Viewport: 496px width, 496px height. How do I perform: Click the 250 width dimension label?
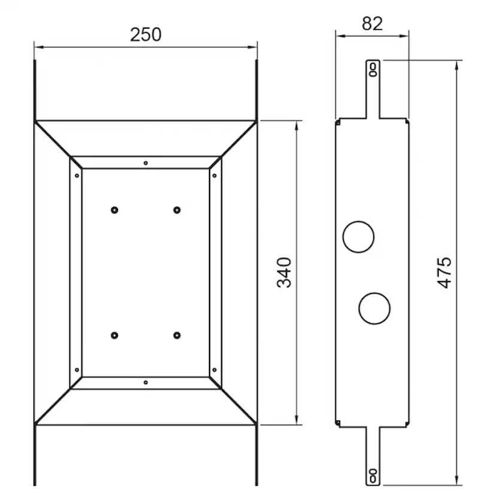coord(146,34)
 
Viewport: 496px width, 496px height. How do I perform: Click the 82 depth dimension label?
coord(372,23)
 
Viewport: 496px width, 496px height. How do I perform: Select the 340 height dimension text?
coord(285,272)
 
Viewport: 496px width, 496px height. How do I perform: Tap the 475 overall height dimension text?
coord(444,272)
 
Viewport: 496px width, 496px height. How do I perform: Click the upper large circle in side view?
coord(358,235)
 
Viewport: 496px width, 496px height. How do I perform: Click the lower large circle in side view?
coord(374,309)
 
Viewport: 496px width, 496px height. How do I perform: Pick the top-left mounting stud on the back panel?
coord(114,210)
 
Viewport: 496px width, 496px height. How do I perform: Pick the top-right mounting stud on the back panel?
coord(177,210)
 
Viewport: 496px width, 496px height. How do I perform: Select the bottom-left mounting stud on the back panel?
coord(114,335)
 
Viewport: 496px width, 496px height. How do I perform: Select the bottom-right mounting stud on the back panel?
coord(177,335)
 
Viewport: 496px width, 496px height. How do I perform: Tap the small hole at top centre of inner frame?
coord(146,162)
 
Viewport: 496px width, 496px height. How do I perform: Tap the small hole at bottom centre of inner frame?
coord(146,382)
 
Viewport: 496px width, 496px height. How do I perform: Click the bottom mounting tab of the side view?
coord(373,458)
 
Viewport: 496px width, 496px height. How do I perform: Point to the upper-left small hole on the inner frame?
coord(76,176)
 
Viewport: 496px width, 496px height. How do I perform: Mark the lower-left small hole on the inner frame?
coord(76,370)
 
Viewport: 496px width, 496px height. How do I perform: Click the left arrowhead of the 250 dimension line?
coord(38,46)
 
